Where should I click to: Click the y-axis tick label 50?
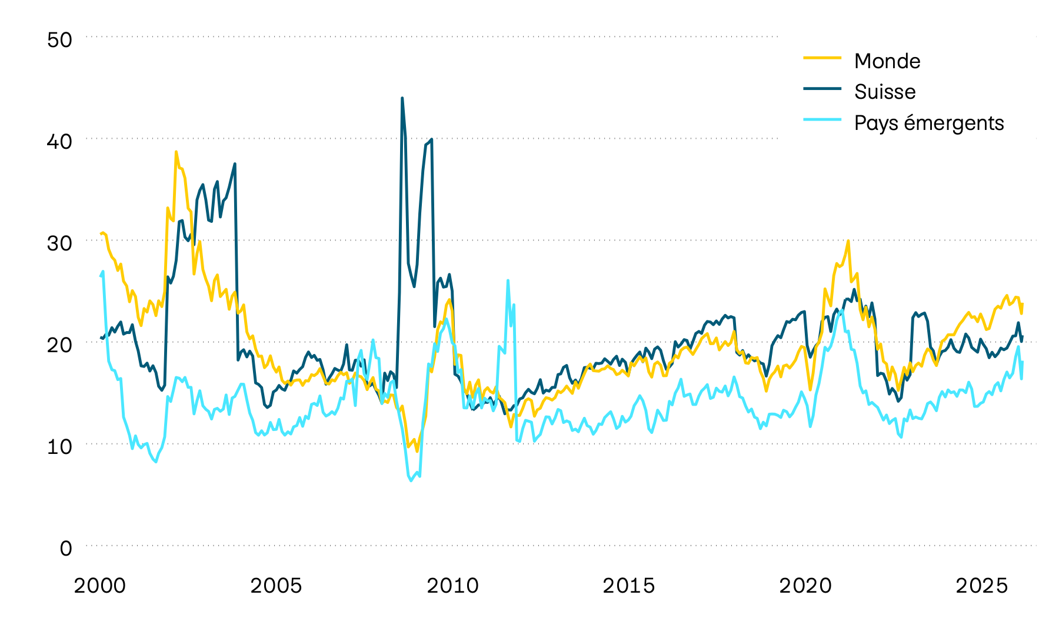tap(59, 40)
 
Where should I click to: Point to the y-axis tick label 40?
tap(59, 142)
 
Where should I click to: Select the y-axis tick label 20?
tap(59, 345)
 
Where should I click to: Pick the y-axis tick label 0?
tap(66, 549)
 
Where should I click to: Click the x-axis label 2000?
tap(99, 586)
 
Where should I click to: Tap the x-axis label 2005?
tap(276, 586)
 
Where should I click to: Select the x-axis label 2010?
tap(452, 586)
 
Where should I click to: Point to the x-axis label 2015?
tap(629, 586)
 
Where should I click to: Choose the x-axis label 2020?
tap(805, 586)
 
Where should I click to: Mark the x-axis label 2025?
tap(982, 586)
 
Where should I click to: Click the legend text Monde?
tap(887, 61)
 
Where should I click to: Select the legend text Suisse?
tap(885, 92)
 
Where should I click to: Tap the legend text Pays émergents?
tap(929, 123)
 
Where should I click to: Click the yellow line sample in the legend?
tap(822, 58)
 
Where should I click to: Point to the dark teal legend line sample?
tap(822, 89)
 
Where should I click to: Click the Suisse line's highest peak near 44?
tap(402, 99)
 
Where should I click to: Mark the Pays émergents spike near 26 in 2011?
tap(508, 280)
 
